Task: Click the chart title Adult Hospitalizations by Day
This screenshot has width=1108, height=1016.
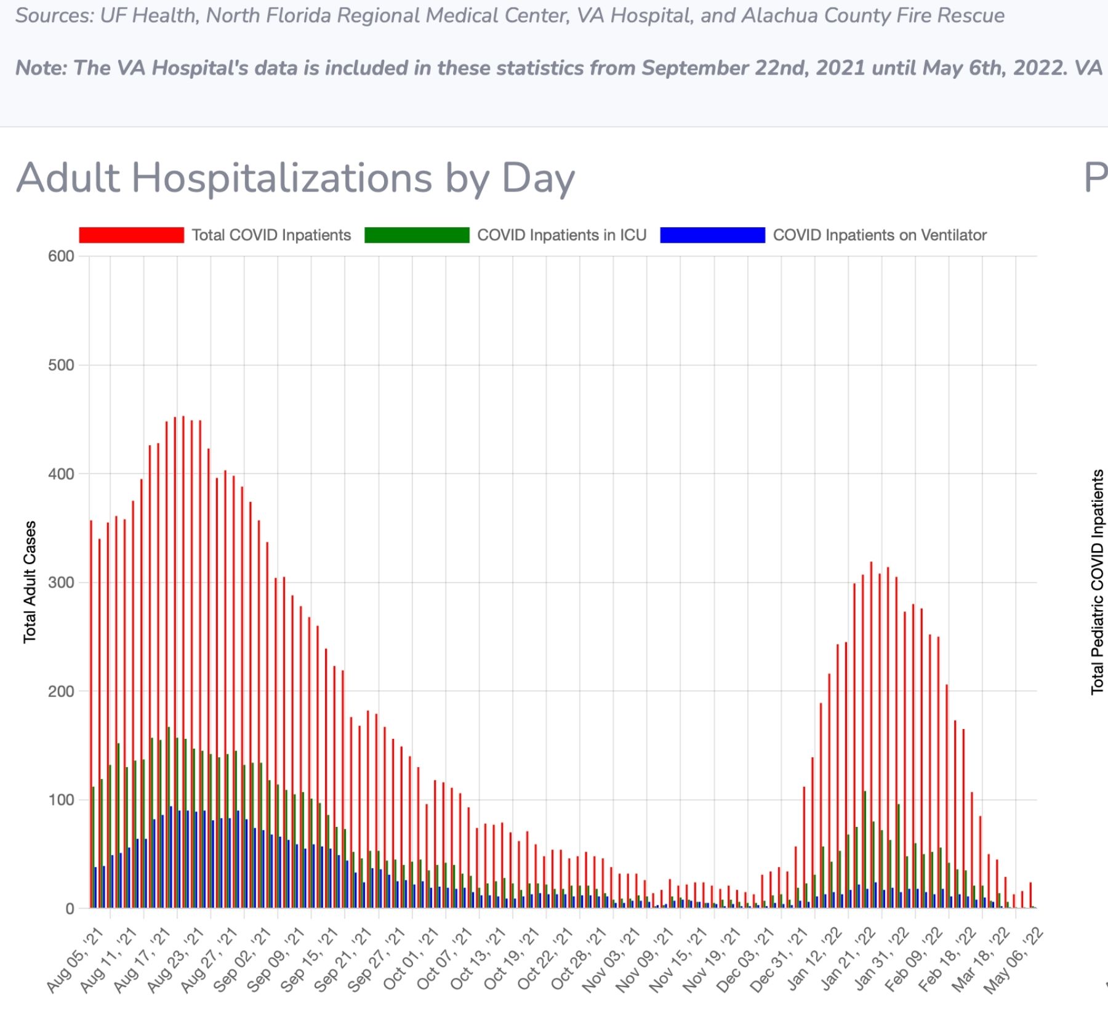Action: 295,179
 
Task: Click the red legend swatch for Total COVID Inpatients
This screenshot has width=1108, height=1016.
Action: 132,235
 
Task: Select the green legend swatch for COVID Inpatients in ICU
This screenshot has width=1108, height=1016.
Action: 417,235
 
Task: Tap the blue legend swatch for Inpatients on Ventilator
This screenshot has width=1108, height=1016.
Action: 712,235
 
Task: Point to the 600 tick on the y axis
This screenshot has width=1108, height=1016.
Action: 61,256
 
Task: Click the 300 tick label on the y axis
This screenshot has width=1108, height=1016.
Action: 61,583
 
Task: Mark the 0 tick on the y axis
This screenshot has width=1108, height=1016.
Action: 70,909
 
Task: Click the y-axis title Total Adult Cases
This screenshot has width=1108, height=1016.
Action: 30,582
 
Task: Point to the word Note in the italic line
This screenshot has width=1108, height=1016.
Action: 40,68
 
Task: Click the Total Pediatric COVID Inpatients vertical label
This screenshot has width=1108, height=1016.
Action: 1098,582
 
